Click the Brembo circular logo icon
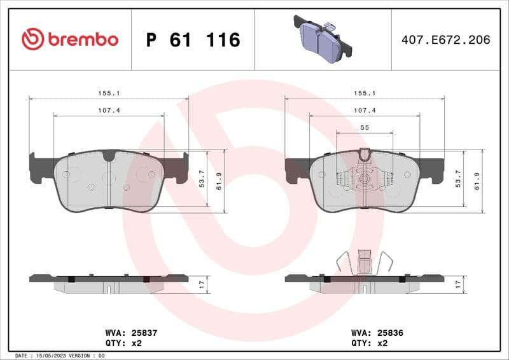tap(32, 39)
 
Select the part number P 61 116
tap(193, 40)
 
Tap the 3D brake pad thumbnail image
tap(323, 38)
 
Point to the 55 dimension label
tap(365, 128)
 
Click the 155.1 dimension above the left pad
tap(109, 93)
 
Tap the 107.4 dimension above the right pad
tap(365, 110)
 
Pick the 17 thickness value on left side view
tap(203, 284)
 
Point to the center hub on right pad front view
tap(364, 179)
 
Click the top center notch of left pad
tap(109, 155)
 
